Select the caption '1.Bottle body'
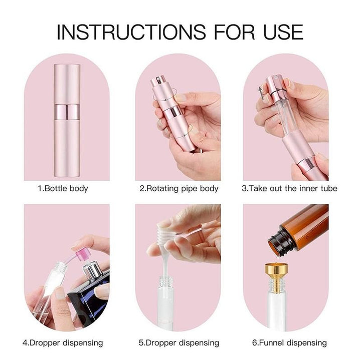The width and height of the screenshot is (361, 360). pos(63,189)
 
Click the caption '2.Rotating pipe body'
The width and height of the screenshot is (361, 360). pos(178,189)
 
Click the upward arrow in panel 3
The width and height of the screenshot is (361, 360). pos(261,93)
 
